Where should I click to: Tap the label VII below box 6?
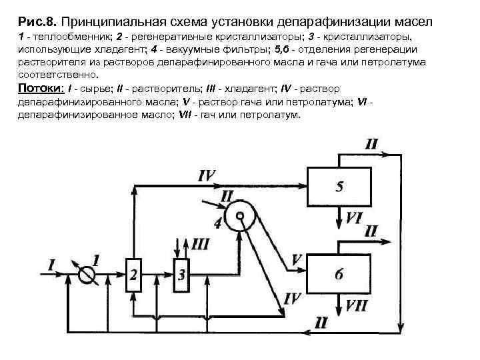[x=355, y=307]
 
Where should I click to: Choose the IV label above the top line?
[x=207, y=175]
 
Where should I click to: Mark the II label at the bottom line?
[x=321, y=322]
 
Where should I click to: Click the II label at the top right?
[x=371, y=144]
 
